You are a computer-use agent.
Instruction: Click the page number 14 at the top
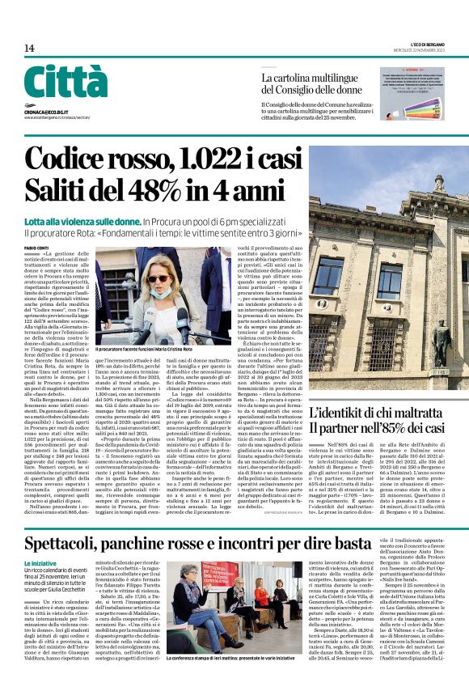(x=28, y=49)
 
